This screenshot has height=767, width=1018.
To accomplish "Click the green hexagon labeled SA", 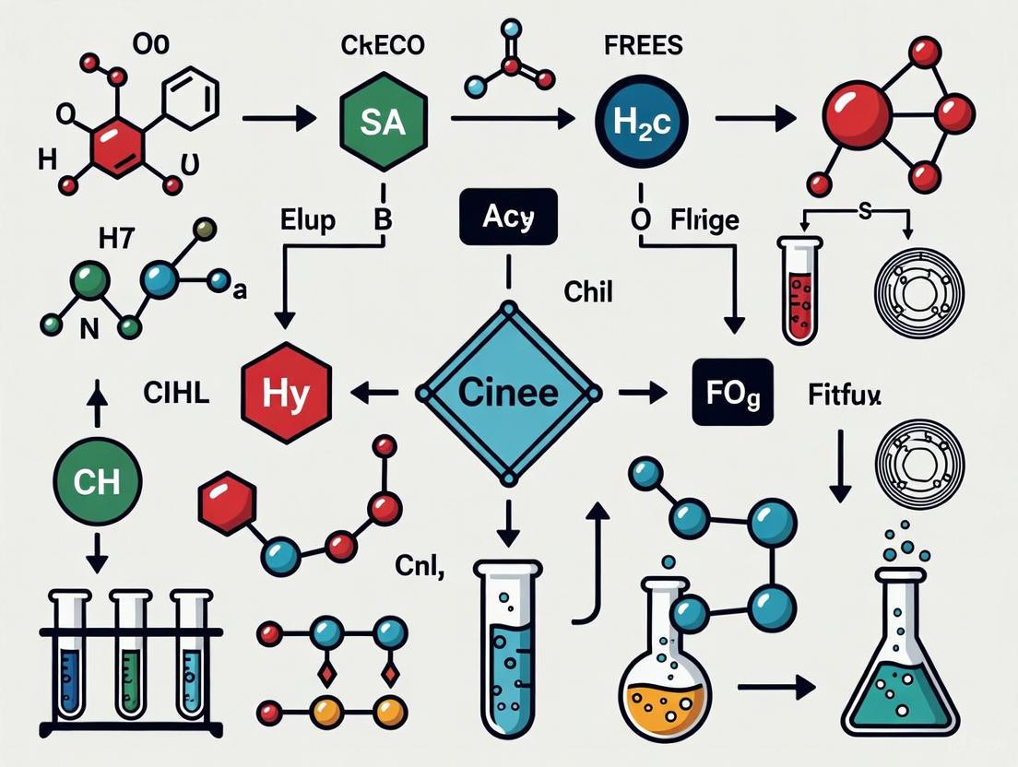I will [382, 124].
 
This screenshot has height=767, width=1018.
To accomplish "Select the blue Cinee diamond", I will [508, 392].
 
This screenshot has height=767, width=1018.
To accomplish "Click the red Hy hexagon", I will [286, 392].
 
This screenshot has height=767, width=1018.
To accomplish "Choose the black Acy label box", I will [507, 218].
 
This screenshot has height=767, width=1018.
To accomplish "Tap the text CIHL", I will [177, 393].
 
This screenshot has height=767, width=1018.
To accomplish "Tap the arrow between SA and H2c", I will [511, 118].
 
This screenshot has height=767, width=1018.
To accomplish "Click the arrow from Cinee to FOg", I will [642, 393].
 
